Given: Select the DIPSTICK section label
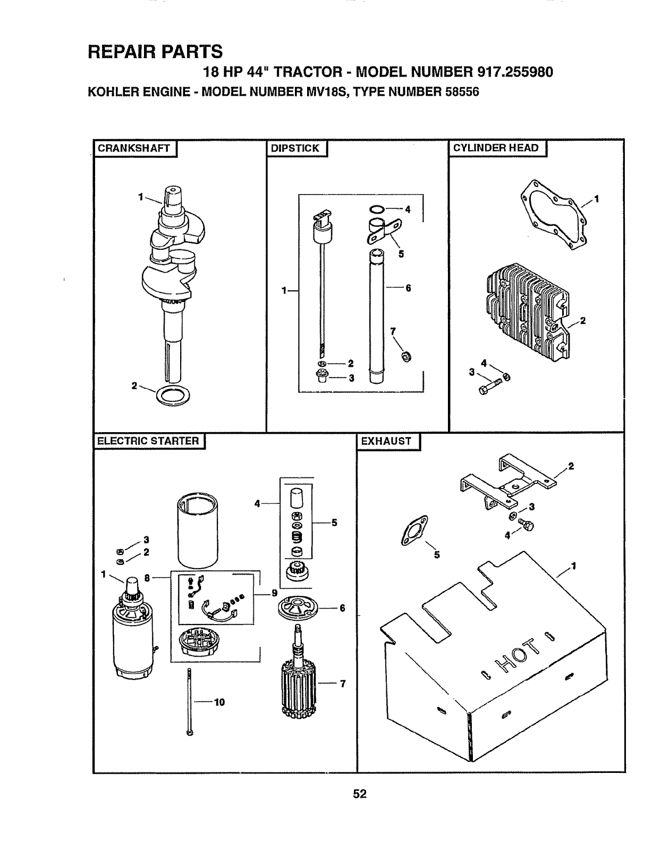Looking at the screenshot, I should pyautogui.click(x=295, y=148).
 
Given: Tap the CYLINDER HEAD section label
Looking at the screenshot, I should pyautogui.click(x=495, y=148).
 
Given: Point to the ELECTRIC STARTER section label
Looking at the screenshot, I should pyautogui.click(x=148, y=441).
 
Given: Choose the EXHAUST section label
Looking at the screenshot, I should pyautogui.click(x=386, y=441).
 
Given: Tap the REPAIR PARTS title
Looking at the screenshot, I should pyautogui.click(x=155, y=51).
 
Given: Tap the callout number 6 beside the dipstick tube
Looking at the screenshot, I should pyautogui.click(x=408, y=288).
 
